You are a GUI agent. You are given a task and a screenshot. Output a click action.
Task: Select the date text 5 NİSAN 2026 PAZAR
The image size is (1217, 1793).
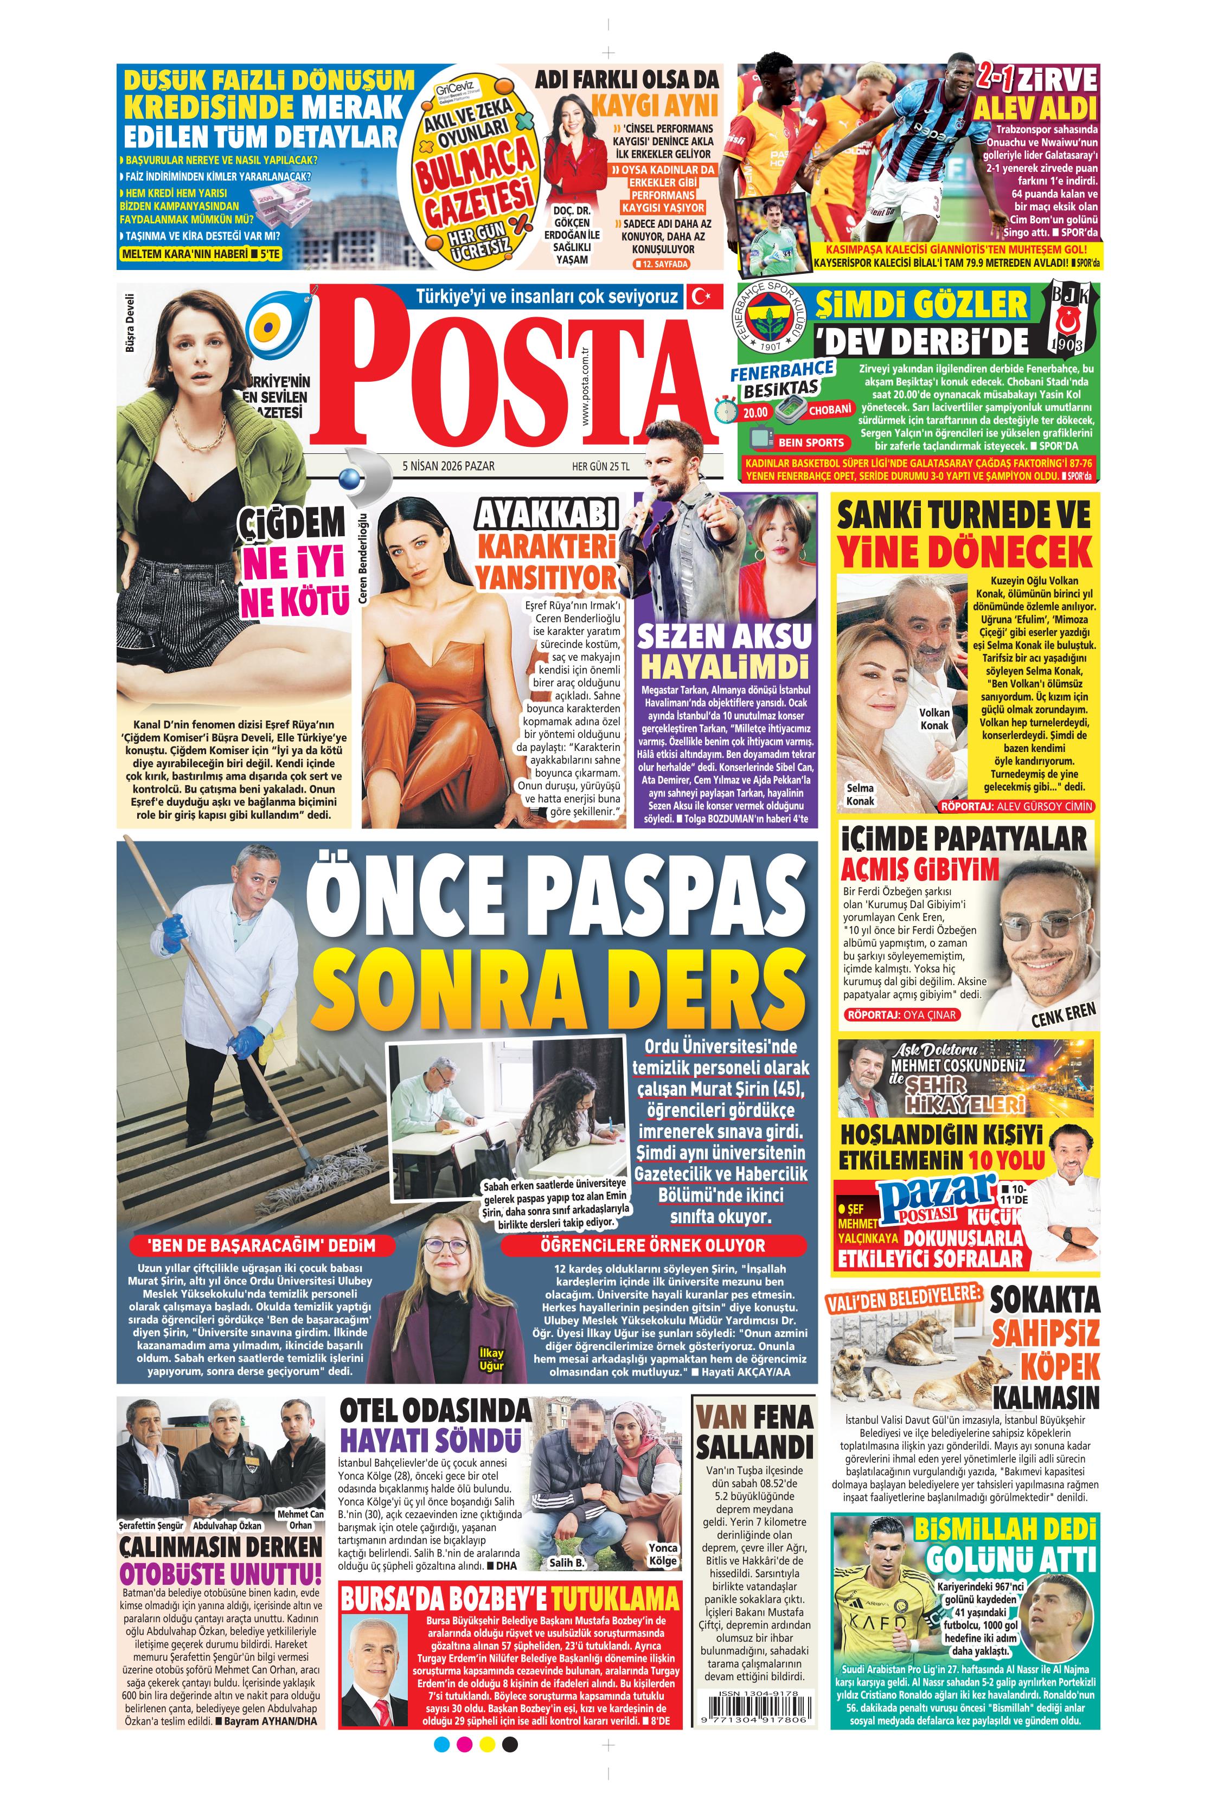449,466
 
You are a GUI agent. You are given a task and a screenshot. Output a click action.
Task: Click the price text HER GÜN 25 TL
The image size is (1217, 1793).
600,466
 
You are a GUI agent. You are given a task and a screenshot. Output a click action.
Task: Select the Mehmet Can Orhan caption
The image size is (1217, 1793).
300,1518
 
